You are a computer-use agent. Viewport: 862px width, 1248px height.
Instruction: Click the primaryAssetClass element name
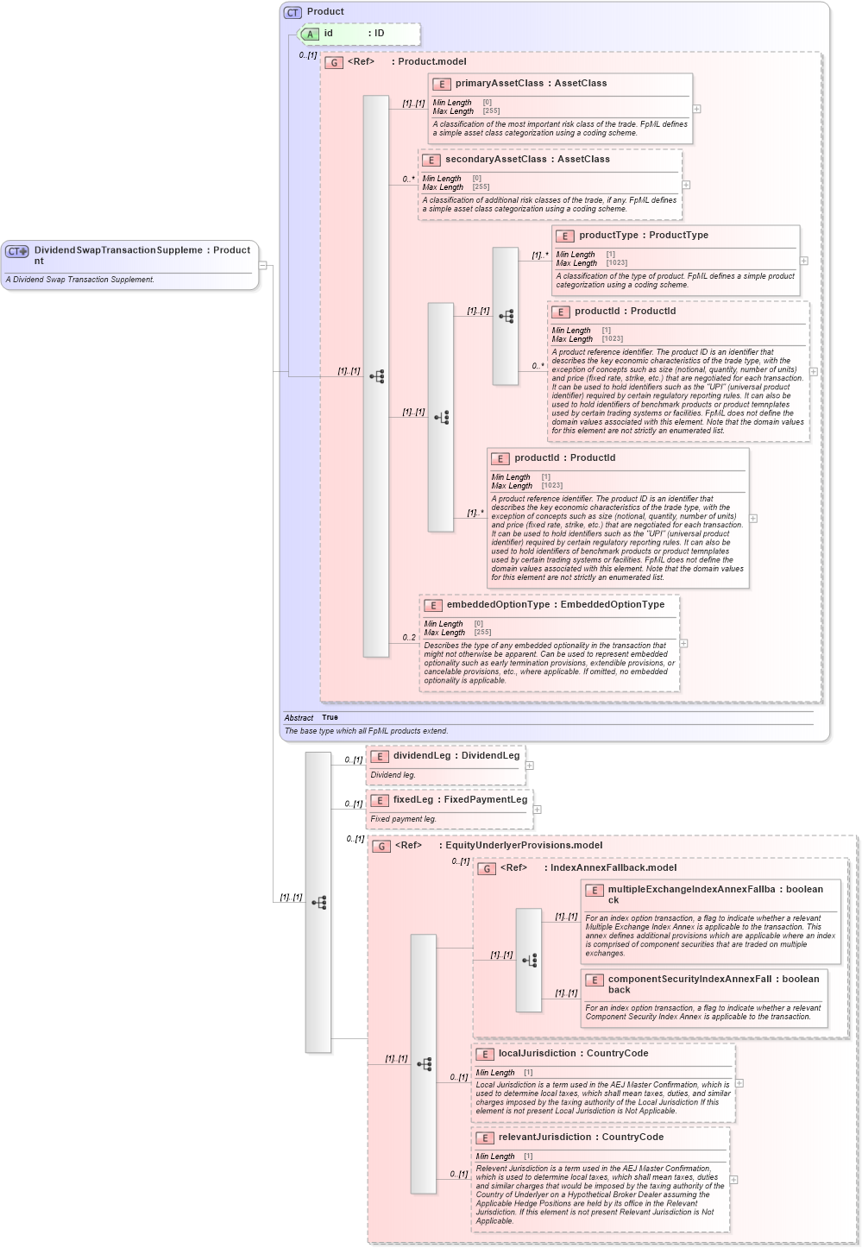pos(499,84)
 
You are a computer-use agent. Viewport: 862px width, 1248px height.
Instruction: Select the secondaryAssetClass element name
pos(495,160)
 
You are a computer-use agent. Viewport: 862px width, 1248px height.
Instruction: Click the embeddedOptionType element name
pos(497,605)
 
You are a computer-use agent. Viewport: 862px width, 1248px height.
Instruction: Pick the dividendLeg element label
pos(422,756)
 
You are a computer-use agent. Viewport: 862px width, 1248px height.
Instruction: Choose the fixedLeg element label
pos(412,800)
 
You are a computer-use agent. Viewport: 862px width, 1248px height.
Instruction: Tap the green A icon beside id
pos(311,34)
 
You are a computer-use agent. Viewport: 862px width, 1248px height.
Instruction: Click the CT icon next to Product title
pos(293,12)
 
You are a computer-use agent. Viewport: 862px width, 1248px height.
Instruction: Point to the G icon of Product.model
pos(334,62)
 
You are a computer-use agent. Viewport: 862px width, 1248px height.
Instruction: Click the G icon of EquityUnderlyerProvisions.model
pos(381,846)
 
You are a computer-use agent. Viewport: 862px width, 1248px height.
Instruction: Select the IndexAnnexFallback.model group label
pos(613,868)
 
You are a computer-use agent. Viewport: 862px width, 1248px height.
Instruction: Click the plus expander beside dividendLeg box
pos(530,766)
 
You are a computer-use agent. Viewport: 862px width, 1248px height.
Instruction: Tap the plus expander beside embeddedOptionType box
pos(683,643)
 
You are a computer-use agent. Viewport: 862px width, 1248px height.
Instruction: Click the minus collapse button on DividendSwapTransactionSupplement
pos(263,265)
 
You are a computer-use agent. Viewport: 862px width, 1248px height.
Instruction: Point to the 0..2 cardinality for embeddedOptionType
pos(409,638)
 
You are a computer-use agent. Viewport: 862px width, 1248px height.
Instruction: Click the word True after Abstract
pos(330,717)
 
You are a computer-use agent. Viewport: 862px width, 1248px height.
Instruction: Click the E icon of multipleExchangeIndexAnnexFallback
pos(594,890)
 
